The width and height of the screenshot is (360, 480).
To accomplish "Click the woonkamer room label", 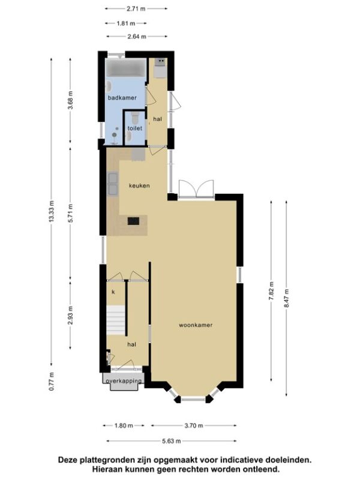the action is [x=196, y=325].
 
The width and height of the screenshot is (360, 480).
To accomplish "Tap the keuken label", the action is [x=139, y=185].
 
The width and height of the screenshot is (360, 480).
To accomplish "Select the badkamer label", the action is [x=122, y=98].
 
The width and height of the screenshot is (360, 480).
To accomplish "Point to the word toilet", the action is [x=134, y=128].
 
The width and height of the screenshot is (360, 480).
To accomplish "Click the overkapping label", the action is [x=124, y=381].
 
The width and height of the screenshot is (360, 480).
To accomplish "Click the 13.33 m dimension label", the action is [x=52, y=212].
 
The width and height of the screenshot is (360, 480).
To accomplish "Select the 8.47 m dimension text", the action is [x=287, y=298].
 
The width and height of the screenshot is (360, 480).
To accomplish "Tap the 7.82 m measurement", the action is [x=271, y=290].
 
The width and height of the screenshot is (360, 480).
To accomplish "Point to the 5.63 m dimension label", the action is [x=172, y=441].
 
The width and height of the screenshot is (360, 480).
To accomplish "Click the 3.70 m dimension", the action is [x=193, y=425].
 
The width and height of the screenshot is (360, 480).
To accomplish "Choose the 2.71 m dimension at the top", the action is [x=136, y=8].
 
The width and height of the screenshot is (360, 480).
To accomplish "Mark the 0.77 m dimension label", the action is [x=52, y=382].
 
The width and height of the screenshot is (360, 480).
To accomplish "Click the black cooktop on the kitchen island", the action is [x=133, y=221].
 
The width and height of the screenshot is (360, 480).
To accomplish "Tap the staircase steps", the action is [x=116, y=320].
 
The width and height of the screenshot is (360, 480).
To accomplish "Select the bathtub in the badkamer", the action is [x=126, y=67].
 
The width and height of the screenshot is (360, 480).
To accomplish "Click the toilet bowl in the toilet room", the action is [x=134, y=116].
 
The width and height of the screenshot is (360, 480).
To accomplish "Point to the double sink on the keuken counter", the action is [x=112, y=183].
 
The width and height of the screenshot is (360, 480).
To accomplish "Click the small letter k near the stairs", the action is [x=113, y=292].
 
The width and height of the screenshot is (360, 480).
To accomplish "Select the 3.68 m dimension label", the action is [x=70, y=100].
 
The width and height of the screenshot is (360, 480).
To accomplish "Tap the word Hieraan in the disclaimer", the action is [x=107, y=469].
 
